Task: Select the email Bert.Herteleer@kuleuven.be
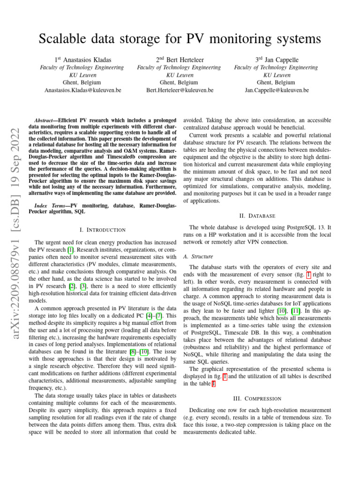[180, 90]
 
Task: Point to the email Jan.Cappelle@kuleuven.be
[277, 90]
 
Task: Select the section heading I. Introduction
[103, 230]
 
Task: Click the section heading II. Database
[256, 216]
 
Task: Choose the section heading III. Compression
[256, 398]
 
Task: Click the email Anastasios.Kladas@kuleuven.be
[82, 90]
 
